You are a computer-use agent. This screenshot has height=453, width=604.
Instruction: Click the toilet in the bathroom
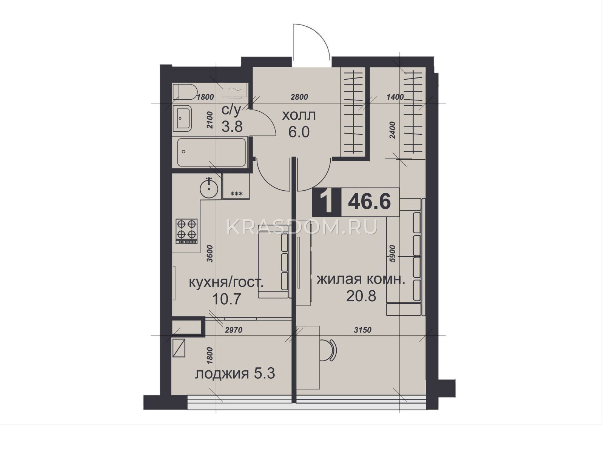(185, 92)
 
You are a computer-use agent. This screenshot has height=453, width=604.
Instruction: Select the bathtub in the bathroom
(212, 152)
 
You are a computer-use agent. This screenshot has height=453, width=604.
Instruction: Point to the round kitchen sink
(209, 189)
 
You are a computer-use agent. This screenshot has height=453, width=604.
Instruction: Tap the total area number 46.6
(370, 202)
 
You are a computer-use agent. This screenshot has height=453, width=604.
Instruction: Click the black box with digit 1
(327, 202)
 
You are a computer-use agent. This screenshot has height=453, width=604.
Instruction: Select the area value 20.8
(361, 296)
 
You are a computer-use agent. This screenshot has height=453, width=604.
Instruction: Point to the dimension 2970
(234, 330)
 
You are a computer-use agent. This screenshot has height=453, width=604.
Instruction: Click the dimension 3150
(362, 330)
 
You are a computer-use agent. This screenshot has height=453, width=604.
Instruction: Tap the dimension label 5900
(393, 253)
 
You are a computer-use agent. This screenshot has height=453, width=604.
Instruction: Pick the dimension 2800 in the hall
(299, 97)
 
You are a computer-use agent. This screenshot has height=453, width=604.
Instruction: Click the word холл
(299, 116)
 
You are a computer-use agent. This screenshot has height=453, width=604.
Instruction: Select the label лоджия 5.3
(235, 374)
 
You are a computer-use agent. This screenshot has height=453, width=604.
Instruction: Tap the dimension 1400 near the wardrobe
(395, 97)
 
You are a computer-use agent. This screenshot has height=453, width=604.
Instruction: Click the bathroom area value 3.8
(232, 127)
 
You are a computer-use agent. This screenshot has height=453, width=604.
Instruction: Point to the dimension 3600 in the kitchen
(210, 253)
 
